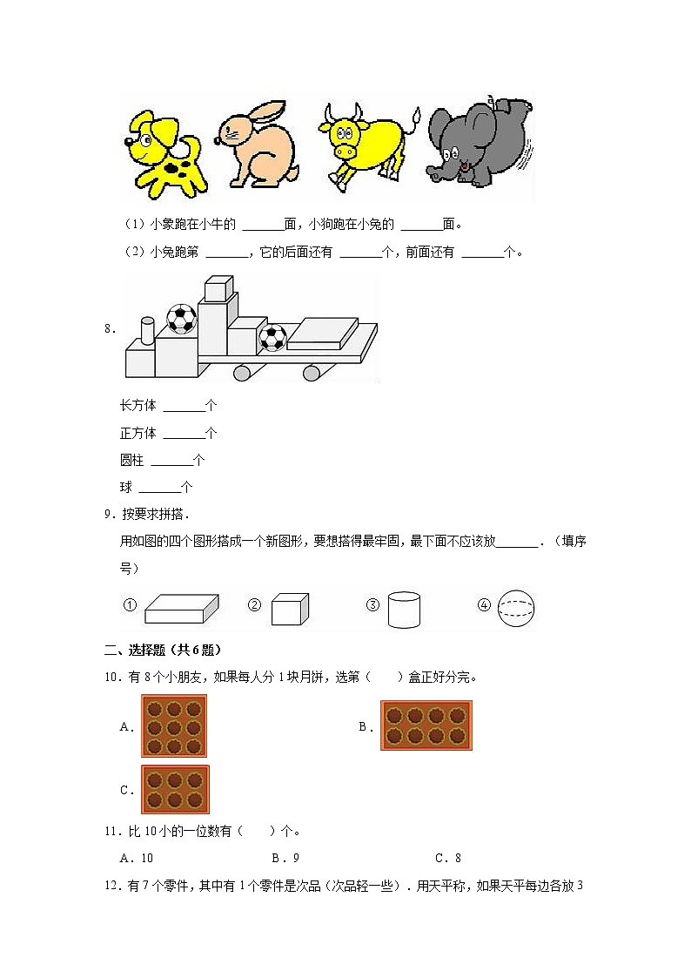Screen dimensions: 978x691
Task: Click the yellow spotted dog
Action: (165, 152)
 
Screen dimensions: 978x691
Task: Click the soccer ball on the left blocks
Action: (181, 319)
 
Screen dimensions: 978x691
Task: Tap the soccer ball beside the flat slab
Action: (273, 338)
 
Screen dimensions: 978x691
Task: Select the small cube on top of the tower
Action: (217, 288)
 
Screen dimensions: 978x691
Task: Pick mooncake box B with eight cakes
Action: (426, 725)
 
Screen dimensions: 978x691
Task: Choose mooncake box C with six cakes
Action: (175, 789)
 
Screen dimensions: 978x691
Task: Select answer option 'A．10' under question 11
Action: (136, 858)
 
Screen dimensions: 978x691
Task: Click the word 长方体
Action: (138, 406)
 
